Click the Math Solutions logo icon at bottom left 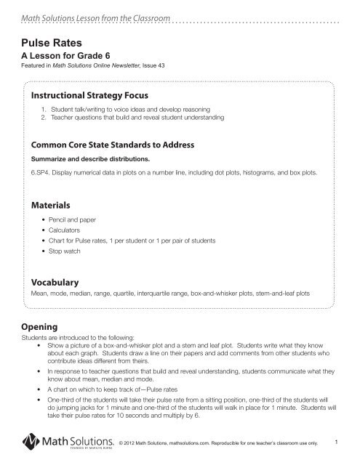click(29, 442)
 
